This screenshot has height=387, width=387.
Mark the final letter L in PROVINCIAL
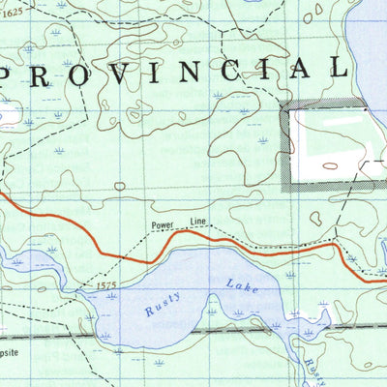coord(338,68)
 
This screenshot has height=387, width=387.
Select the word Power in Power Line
coord(164,227)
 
